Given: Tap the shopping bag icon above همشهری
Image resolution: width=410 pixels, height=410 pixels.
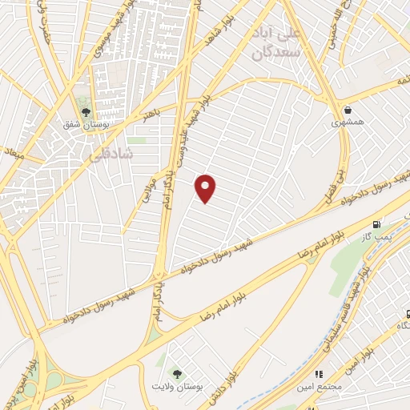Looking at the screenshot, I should pos(347,111).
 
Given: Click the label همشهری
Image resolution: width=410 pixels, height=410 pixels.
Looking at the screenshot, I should pos(347,124).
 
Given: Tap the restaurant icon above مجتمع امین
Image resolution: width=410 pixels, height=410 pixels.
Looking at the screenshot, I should pos(319,372).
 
